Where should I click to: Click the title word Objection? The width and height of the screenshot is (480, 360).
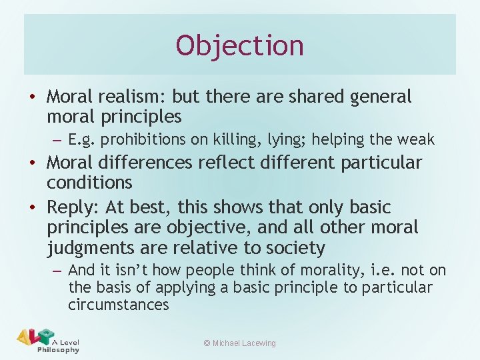(x=240, y=45)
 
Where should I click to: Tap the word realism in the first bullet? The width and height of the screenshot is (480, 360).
(x=131, y=97)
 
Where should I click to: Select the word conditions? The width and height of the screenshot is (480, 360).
(x=90, y=182)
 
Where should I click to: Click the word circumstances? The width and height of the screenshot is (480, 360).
(x=119, y=305)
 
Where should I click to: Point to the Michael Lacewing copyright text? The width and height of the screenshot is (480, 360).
(x=239, y=343)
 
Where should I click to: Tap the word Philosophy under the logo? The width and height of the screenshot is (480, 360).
(x=58, y=349)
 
